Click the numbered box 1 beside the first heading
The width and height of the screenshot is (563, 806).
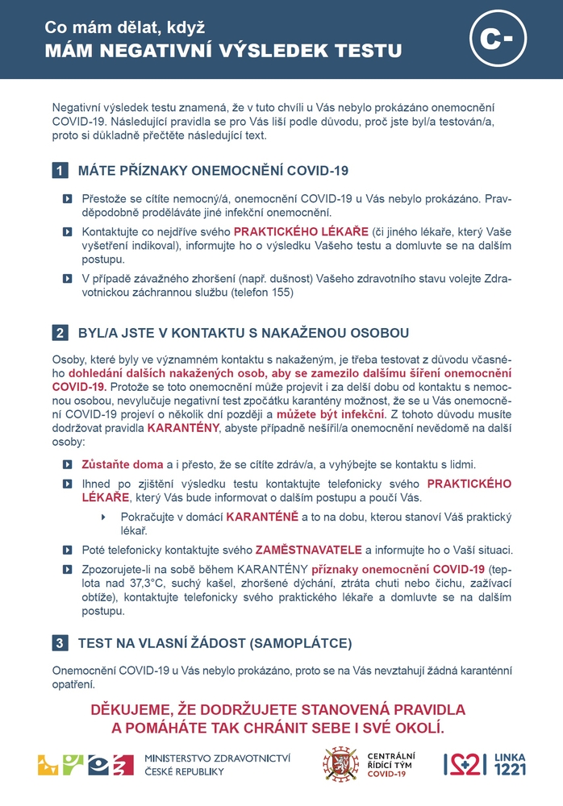pyautogui.click(x=60, y=170)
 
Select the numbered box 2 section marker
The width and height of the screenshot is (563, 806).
pyautogui.click(x=60, y=332)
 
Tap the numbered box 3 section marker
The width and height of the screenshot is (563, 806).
pyautogui.click(x=60, y=643)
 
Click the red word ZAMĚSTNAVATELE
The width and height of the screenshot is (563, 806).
pyautogui.click(x=309, y=550)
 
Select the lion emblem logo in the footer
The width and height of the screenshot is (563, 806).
pyautogui.click(x=341, y=764)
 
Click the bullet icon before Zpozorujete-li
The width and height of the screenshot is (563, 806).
pyautogui.click(x=67, y=570)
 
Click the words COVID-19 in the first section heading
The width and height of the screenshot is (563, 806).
pyautogui.click(x=318, y=170)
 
